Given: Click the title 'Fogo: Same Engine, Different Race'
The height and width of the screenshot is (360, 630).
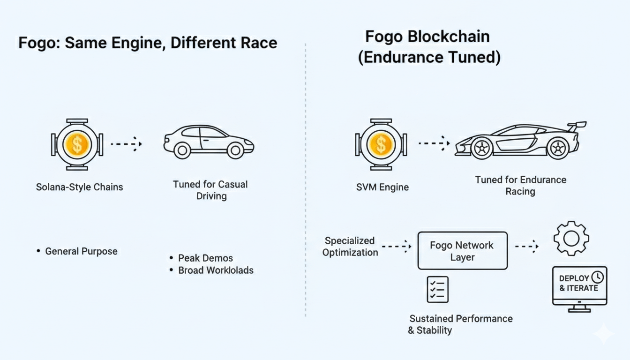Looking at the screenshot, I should coord(148,43).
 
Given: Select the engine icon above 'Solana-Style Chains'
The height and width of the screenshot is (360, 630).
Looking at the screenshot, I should coord(77,144).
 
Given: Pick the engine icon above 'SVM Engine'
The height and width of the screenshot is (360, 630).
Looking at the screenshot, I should coord(381,144).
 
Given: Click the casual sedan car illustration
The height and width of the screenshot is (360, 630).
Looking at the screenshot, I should coord(209,141).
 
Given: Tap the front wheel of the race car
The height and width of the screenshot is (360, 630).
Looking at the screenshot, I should coord(480,148).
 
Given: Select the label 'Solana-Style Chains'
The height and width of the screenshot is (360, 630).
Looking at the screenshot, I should coord(79,187).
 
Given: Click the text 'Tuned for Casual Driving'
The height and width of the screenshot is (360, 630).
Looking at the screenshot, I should coord(210,190).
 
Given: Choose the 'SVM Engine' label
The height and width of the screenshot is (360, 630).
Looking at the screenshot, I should coord(382,187).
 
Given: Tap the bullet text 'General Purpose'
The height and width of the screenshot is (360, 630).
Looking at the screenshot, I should coord(81,251).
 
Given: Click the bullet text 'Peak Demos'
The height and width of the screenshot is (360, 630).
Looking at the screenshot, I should coord(205,258).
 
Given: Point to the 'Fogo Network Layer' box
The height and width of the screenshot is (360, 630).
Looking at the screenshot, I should coord(462,251).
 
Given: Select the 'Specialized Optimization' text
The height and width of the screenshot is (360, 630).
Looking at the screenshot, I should coord(350,247).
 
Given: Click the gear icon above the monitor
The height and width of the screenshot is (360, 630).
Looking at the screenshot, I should coord(571,238).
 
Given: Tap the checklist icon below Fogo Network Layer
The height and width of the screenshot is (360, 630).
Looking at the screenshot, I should coord(438,289).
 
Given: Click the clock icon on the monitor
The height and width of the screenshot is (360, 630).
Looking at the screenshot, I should coord(597,277).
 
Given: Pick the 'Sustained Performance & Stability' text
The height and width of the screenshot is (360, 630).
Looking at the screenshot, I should coord(461,324).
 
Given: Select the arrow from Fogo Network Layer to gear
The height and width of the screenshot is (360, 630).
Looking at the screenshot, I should coord(527,246).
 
